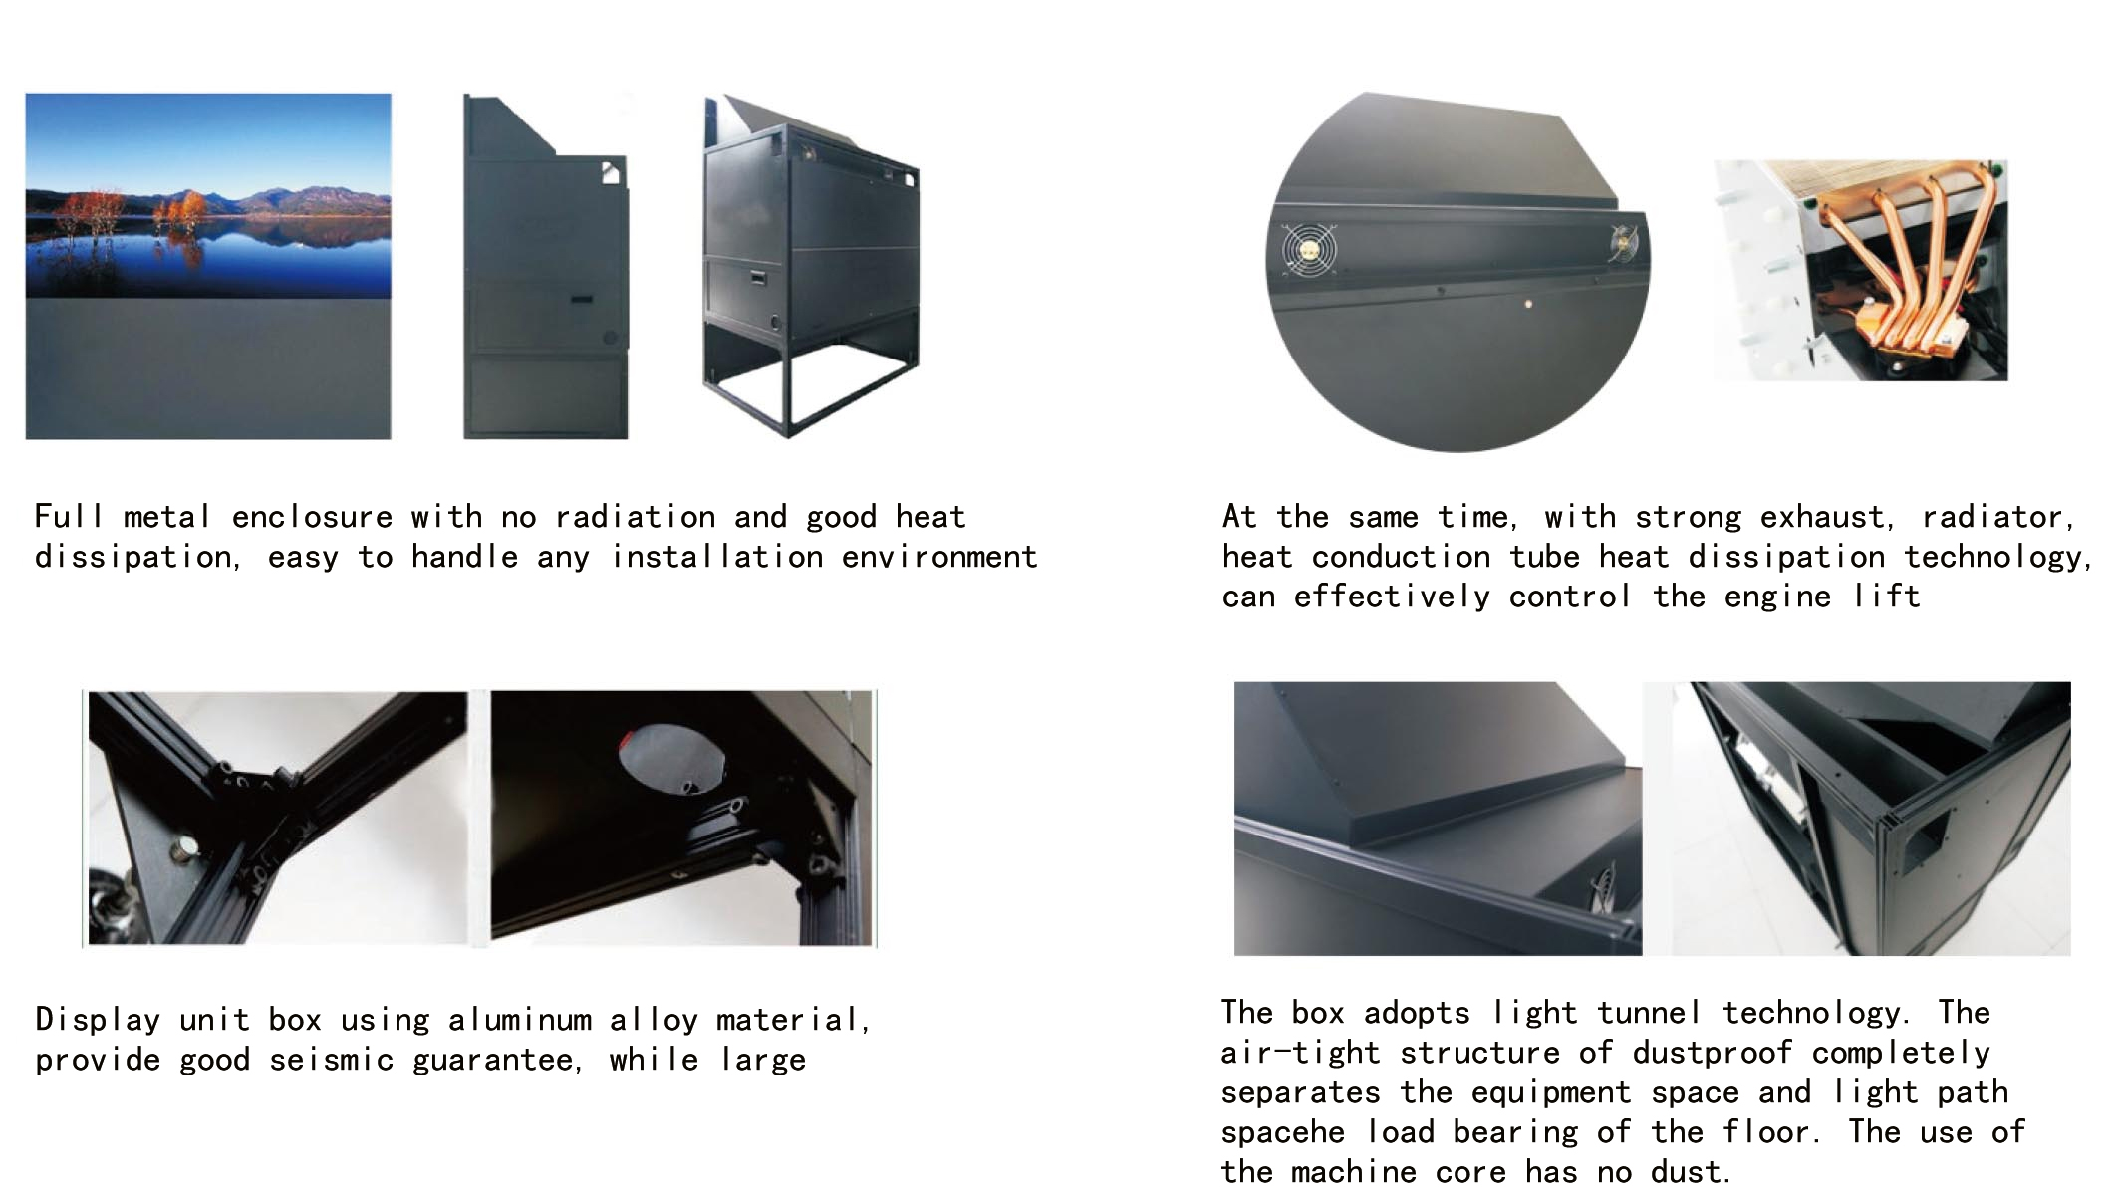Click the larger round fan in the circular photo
point(1308,250)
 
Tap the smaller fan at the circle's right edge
point(1623,245)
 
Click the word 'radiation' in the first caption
point(636,516)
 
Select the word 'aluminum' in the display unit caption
point(519,1020)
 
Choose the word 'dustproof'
point(1712,1053)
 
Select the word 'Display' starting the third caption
point(98,1020)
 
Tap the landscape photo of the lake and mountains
point(208,195)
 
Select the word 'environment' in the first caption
point(939,557)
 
